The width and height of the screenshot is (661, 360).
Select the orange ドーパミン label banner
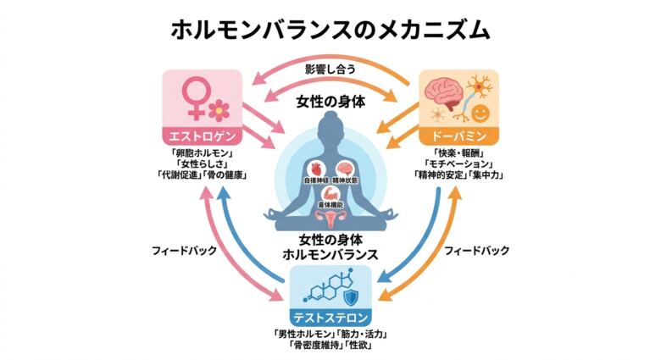[x=458, y=136]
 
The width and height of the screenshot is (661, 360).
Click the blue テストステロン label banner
[x=330, y=318]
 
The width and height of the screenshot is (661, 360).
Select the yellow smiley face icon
[x=480, y=113]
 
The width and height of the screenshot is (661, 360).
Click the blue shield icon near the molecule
[x=351, y=296]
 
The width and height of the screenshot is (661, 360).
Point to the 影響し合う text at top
[x=330, y=68]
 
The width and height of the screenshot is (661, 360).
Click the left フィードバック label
[x=185, y=252]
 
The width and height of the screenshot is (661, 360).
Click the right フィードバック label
[x=477, y=251]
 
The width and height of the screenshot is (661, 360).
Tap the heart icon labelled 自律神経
[x=319, y=168]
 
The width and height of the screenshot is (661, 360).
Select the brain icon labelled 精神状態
[x=345, y=168]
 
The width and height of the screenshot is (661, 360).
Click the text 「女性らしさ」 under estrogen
[x=203, y=163]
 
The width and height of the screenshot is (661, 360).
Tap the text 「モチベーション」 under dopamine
[x=458, y=163]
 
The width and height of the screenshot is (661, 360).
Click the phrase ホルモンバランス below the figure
[x=331, y=253]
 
